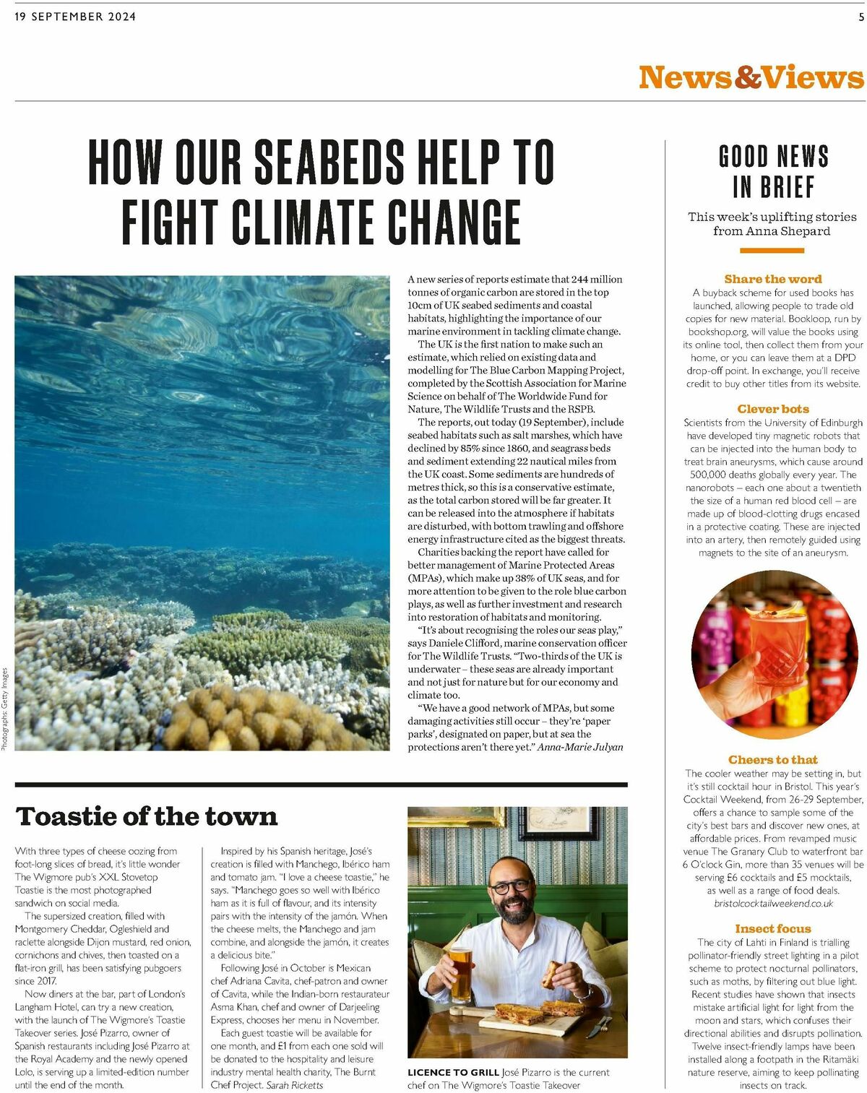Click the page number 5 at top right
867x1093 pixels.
point(860,17)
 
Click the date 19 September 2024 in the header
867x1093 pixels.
point(75,17)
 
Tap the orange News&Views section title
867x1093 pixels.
point(751,77)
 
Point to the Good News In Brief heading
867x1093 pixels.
point(772,171)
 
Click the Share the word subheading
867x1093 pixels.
point(772,279)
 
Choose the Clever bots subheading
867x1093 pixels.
point(772,409)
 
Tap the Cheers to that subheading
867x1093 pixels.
point(772,759)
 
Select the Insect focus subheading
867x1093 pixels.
point(772,928)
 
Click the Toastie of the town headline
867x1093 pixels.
point(147,816)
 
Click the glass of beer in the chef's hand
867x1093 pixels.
point(460,972)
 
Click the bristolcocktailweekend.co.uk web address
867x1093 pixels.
point(773,903)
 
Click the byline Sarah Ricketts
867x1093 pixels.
point(295,1084)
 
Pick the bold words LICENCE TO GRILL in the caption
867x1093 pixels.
point(452,1072)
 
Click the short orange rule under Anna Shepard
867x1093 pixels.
point(772,251)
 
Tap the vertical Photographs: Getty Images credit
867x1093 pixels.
point(4,710)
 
